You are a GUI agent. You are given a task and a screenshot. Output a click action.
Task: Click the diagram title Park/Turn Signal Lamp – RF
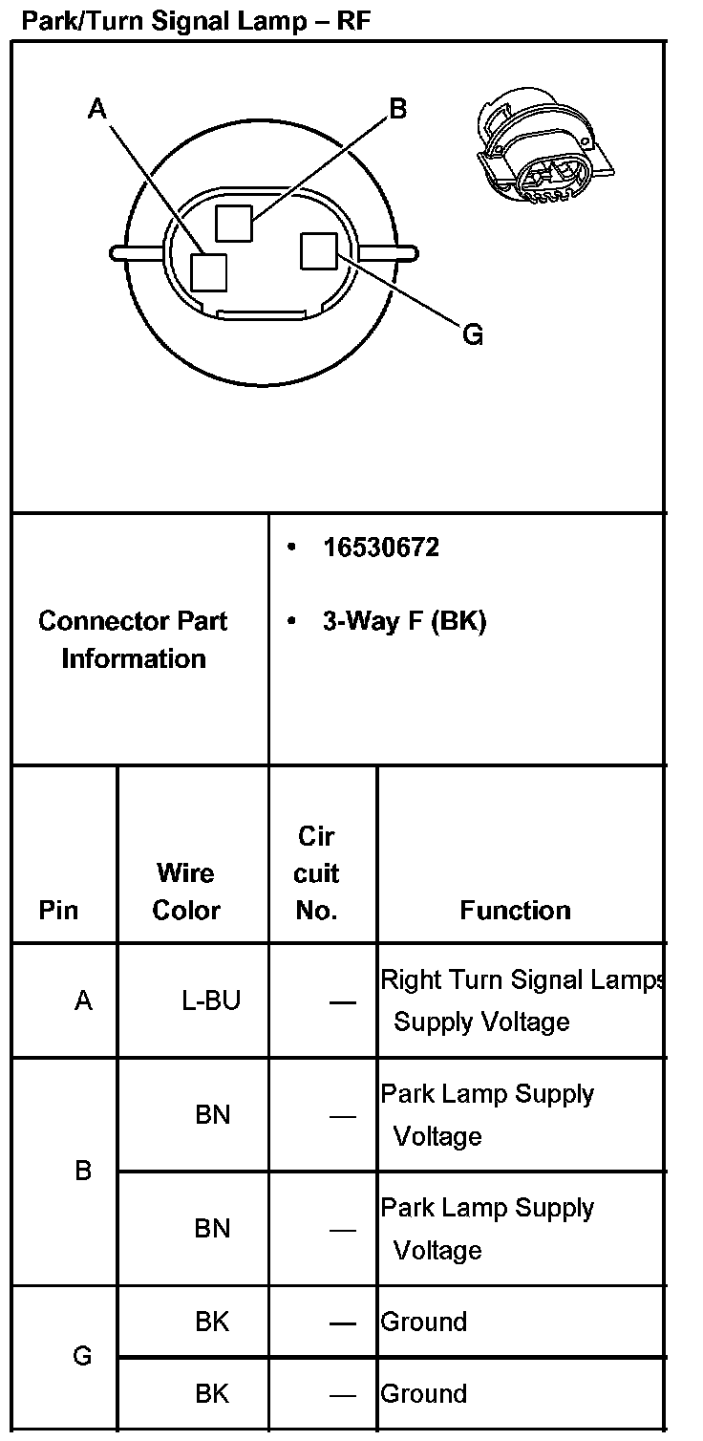coord(195,21)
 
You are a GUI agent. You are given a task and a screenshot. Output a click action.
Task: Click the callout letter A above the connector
coord(96,109)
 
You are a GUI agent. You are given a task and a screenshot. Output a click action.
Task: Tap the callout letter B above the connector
coord(397,109)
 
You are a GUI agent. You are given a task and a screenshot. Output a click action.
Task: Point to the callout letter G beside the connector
coord(472,334)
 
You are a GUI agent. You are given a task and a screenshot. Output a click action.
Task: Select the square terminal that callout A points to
coord(208,271)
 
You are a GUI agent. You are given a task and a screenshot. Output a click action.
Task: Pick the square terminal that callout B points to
coord(234,224)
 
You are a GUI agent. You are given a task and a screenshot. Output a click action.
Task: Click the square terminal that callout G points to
coord(317,251)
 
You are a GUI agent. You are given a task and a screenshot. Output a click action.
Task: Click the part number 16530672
coord(380,548)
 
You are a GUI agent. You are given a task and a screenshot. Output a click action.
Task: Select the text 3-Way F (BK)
coord(404,622)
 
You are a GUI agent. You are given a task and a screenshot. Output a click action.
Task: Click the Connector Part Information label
coord(134,639)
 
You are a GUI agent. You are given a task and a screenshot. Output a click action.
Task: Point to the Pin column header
coord(59,910)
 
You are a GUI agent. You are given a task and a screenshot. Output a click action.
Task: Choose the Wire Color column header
coord(186,891)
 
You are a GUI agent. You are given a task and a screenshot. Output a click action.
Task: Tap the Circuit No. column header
coord(317,873)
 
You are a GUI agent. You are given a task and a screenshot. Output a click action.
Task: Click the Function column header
coord(515,910)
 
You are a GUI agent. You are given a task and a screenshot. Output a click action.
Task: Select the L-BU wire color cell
coord(211,1000)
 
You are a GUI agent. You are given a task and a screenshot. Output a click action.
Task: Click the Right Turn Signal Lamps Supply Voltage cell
coord(521,1000)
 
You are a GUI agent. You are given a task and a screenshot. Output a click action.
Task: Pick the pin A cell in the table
coord(83,1000)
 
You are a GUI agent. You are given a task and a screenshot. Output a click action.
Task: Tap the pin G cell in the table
coord(83,1356)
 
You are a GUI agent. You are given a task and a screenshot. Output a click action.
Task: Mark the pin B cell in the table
coord(83,1171)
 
